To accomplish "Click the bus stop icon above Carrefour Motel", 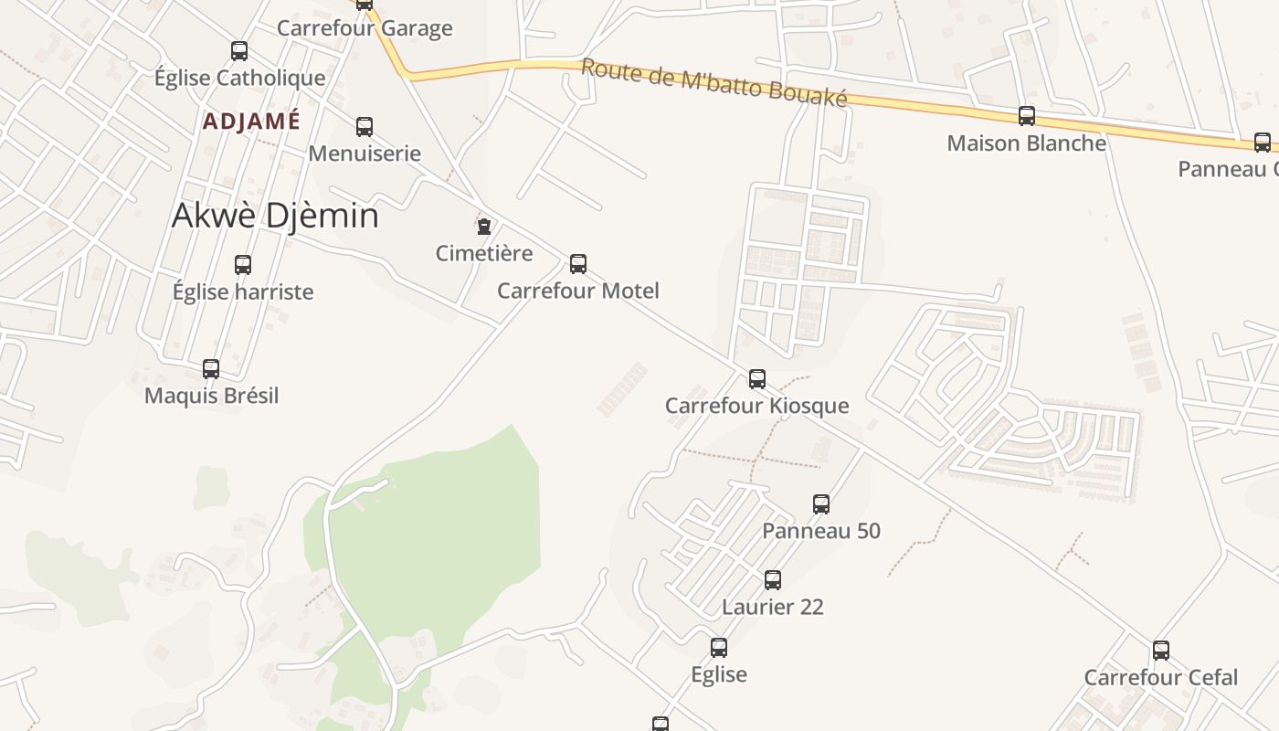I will [578, 264].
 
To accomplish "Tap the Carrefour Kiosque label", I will [756, 406].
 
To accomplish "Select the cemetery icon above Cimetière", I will [483, 226].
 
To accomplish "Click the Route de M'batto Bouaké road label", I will [713, 83].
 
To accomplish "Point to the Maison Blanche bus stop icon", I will [1027, 116].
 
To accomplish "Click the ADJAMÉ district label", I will [251, 122].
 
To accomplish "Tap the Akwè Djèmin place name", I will [275, 216].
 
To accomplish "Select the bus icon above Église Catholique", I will [239, 51].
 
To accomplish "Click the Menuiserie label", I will [365, 153].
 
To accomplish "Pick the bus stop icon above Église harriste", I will [243, 265].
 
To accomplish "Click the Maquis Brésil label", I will [211, 396].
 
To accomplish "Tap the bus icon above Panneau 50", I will [821, 504].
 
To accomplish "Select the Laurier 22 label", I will [772, 607].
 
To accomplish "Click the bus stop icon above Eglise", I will [719, 648].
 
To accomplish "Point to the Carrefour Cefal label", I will [1160, 677].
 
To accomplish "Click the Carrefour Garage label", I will [365, 28].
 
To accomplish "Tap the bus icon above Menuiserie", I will [365, 127].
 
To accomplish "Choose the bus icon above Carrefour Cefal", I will [1161, 651].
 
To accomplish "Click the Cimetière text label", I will [483, 253].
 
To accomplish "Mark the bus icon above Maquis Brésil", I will [211, 369].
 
